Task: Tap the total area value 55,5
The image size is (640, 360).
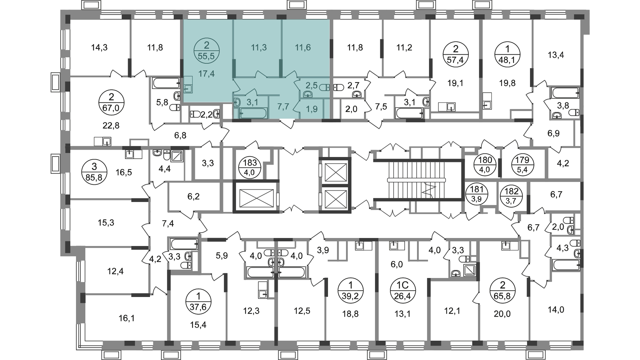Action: coord(206,56)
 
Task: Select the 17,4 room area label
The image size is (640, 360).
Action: coord(206,74)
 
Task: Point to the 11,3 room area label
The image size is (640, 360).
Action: coord(259,48)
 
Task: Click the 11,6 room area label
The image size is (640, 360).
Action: coord(303,48)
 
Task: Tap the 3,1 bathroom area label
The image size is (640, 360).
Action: coord(252,102)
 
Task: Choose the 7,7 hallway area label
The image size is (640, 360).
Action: coord(283,107)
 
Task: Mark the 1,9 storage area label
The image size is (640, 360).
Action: coord(312,109)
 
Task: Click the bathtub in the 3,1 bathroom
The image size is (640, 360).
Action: coord(254,113)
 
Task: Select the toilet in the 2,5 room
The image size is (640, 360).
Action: coord(324,88)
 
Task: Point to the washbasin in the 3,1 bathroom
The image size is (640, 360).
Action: coord(237,102)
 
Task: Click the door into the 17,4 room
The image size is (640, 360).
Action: coord(236,86)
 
